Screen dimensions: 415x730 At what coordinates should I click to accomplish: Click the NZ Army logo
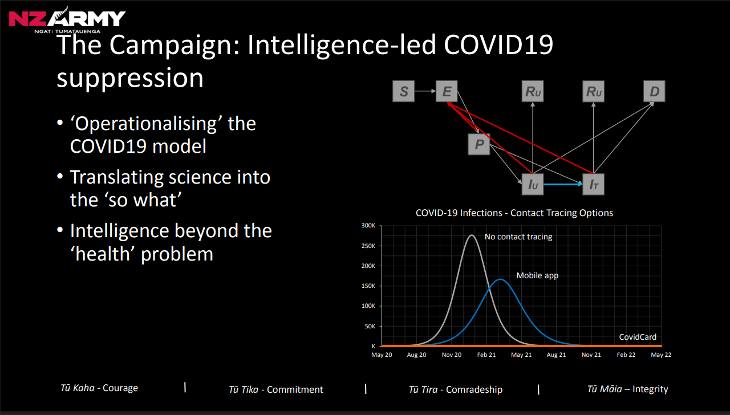click(67, 21)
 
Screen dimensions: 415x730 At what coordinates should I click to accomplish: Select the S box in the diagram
click(404, 91)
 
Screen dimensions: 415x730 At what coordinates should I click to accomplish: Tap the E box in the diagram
click(447, 91)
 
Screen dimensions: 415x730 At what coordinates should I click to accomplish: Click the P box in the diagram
click(479, 144)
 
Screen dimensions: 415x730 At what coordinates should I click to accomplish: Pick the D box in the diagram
click(654, 91)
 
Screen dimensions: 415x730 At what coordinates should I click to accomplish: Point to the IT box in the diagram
click(593, 184)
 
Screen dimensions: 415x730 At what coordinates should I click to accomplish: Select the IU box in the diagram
click(533, 184)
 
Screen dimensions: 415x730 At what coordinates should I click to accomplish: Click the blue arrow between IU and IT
click(563, 185)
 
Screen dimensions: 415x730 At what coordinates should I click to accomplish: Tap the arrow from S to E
click(425, 91)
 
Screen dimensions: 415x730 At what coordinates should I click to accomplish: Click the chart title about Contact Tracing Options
click(514, 213)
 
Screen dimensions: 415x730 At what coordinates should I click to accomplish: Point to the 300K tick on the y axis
click(368, 226)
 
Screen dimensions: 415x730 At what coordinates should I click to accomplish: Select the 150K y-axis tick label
click(368, 286)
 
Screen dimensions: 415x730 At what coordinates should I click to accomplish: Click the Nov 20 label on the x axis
click(452, 355)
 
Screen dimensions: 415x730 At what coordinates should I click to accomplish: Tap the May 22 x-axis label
click(661, 355)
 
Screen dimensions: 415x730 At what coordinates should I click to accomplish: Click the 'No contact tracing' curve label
click(518, 237)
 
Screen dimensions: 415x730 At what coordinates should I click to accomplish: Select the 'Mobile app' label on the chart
click(537, 275)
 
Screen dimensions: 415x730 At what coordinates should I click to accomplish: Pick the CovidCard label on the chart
click(638, 337)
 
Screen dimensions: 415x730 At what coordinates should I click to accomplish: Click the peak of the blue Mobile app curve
click(500, 279)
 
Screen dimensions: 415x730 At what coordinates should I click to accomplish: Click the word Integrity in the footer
click(650, 389)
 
